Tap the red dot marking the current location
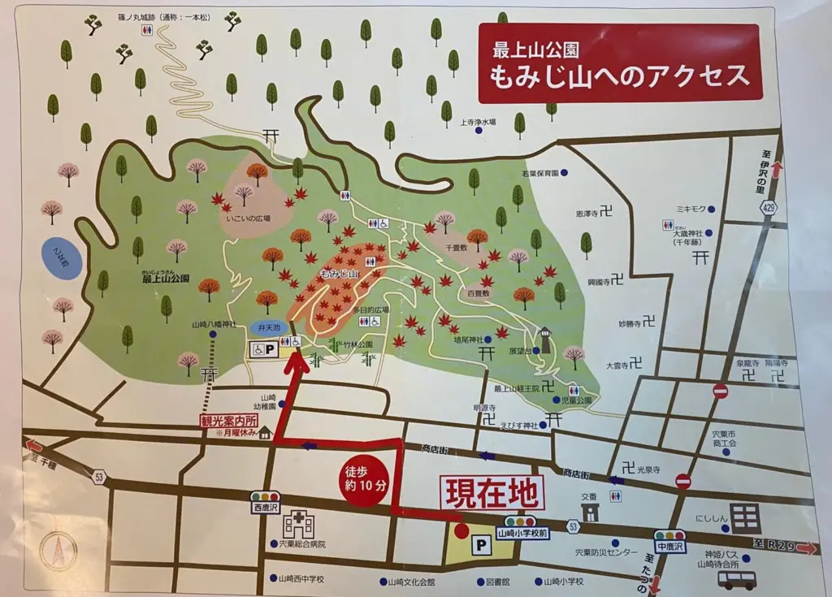[461, 531]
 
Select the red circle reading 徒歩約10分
[359, 485]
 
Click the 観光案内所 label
[229, 422]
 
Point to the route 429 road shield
[769, 208]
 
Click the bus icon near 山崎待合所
[737, 579]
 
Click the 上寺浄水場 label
[478, 123]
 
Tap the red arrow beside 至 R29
[806, 548]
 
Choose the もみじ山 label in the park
[340, 274]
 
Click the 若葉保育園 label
[540, 173]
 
